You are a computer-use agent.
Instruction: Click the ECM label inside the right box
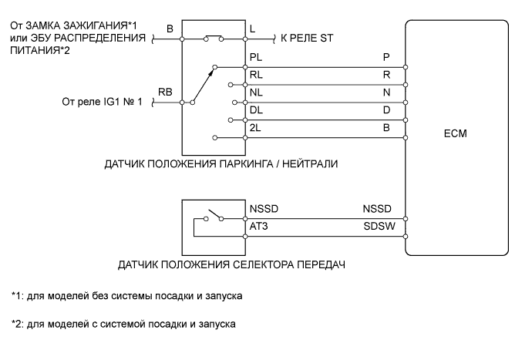(x=456, y=133)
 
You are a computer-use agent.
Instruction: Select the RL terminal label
(x=257, y=74)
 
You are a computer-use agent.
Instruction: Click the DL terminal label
(x=257, y=109)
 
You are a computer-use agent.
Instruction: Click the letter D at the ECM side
(x=386, y=109)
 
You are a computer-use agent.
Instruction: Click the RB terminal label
(x=165, y=91)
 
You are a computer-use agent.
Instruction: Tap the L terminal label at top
(x=253, y=29)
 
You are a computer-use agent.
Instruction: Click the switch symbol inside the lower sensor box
(x=215, y=213)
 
